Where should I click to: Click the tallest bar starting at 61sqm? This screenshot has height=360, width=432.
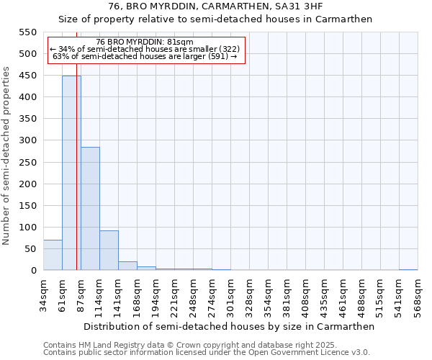[71, 173]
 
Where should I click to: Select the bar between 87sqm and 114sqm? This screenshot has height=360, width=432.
[90, 209]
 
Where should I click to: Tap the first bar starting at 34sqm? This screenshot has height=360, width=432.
[53, 255]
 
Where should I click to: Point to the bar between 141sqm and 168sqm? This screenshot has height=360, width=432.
[127, 266]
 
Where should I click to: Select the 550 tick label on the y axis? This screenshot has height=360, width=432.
[27, 32]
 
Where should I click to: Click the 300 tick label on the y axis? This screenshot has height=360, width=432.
[27, 140]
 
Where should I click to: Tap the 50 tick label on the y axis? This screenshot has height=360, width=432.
[30, 249]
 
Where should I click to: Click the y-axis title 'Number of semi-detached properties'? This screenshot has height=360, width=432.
[7, 156]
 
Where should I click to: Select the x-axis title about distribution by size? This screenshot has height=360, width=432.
[229, 326]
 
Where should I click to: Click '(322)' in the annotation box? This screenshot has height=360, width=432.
[225, 49]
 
